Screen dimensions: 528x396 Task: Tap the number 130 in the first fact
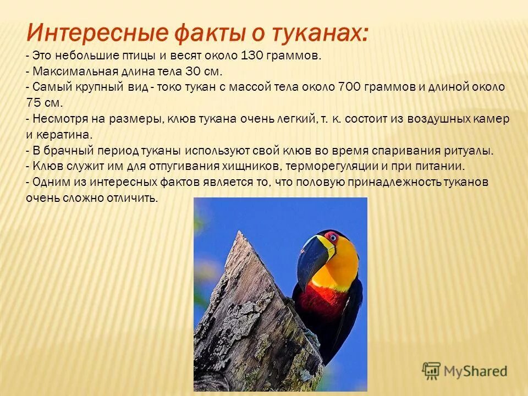pyautogui.click(x=251, y=55)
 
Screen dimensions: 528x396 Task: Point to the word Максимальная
pyautogui.click(x=76, y=71)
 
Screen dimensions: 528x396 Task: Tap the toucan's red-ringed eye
pyautogui.click(x=333, y=238)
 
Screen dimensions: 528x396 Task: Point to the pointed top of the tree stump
pyautogui.click(x=239, y=232)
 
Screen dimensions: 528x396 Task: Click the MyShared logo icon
pyautogui.click(x=431, y=371)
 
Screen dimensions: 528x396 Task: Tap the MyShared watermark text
pyautogui.click(x=475, y=371)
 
